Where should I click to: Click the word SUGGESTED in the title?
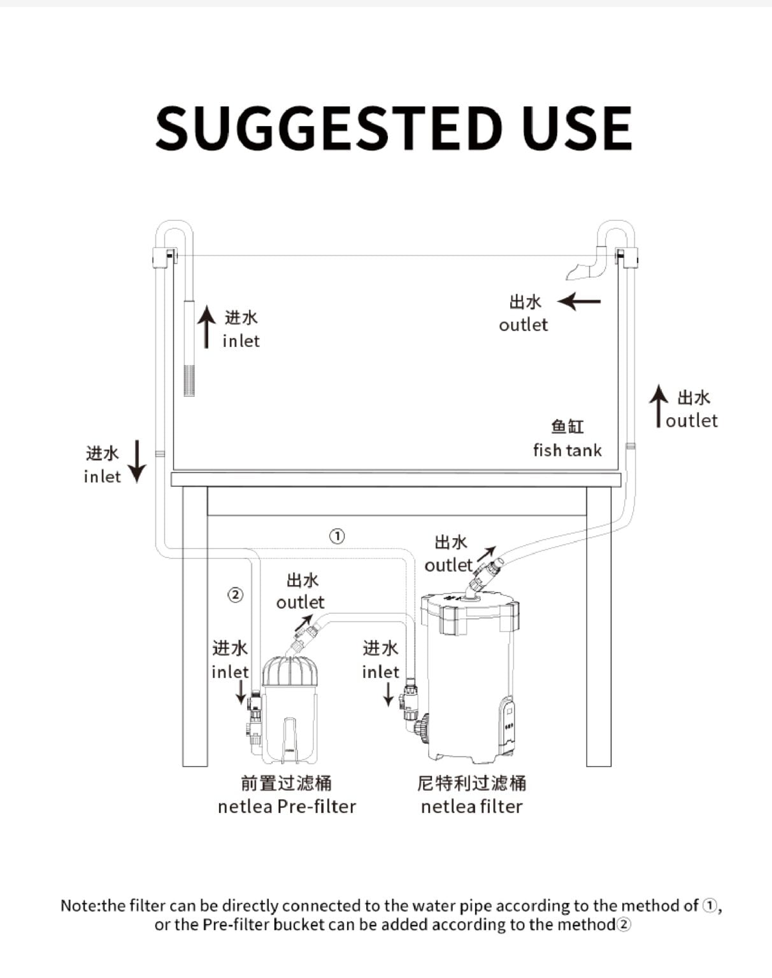[329, 128]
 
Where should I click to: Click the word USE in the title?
[577, 128]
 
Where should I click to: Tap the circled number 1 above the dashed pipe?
[337, 536]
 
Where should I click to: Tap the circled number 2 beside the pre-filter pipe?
[235, 595]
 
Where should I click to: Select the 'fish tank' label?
[568, 450]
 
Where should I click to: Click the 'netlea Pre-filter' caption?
[287, 807]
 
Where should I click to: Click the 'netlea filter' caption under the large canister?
[472, 807]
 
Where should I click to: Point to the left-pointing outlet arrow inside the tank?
[579, 301]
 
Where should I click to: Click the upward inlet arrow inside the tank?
[206, 327]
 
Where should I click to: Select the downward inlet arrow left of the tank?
[136, 461]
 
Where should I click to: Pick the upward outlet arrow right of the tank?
[658, 406]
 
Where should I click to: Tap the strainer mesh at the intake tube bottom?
[189, 379]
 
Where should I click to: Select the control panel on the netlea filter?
[509, 725]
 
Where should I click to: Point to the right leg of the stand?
[599, 627]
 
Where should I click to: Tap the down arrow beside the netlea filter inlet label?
[389, 695]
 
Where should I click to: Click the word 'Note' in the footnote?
[80, 906]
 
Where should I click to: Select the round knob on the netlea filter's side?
[424, 728]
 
